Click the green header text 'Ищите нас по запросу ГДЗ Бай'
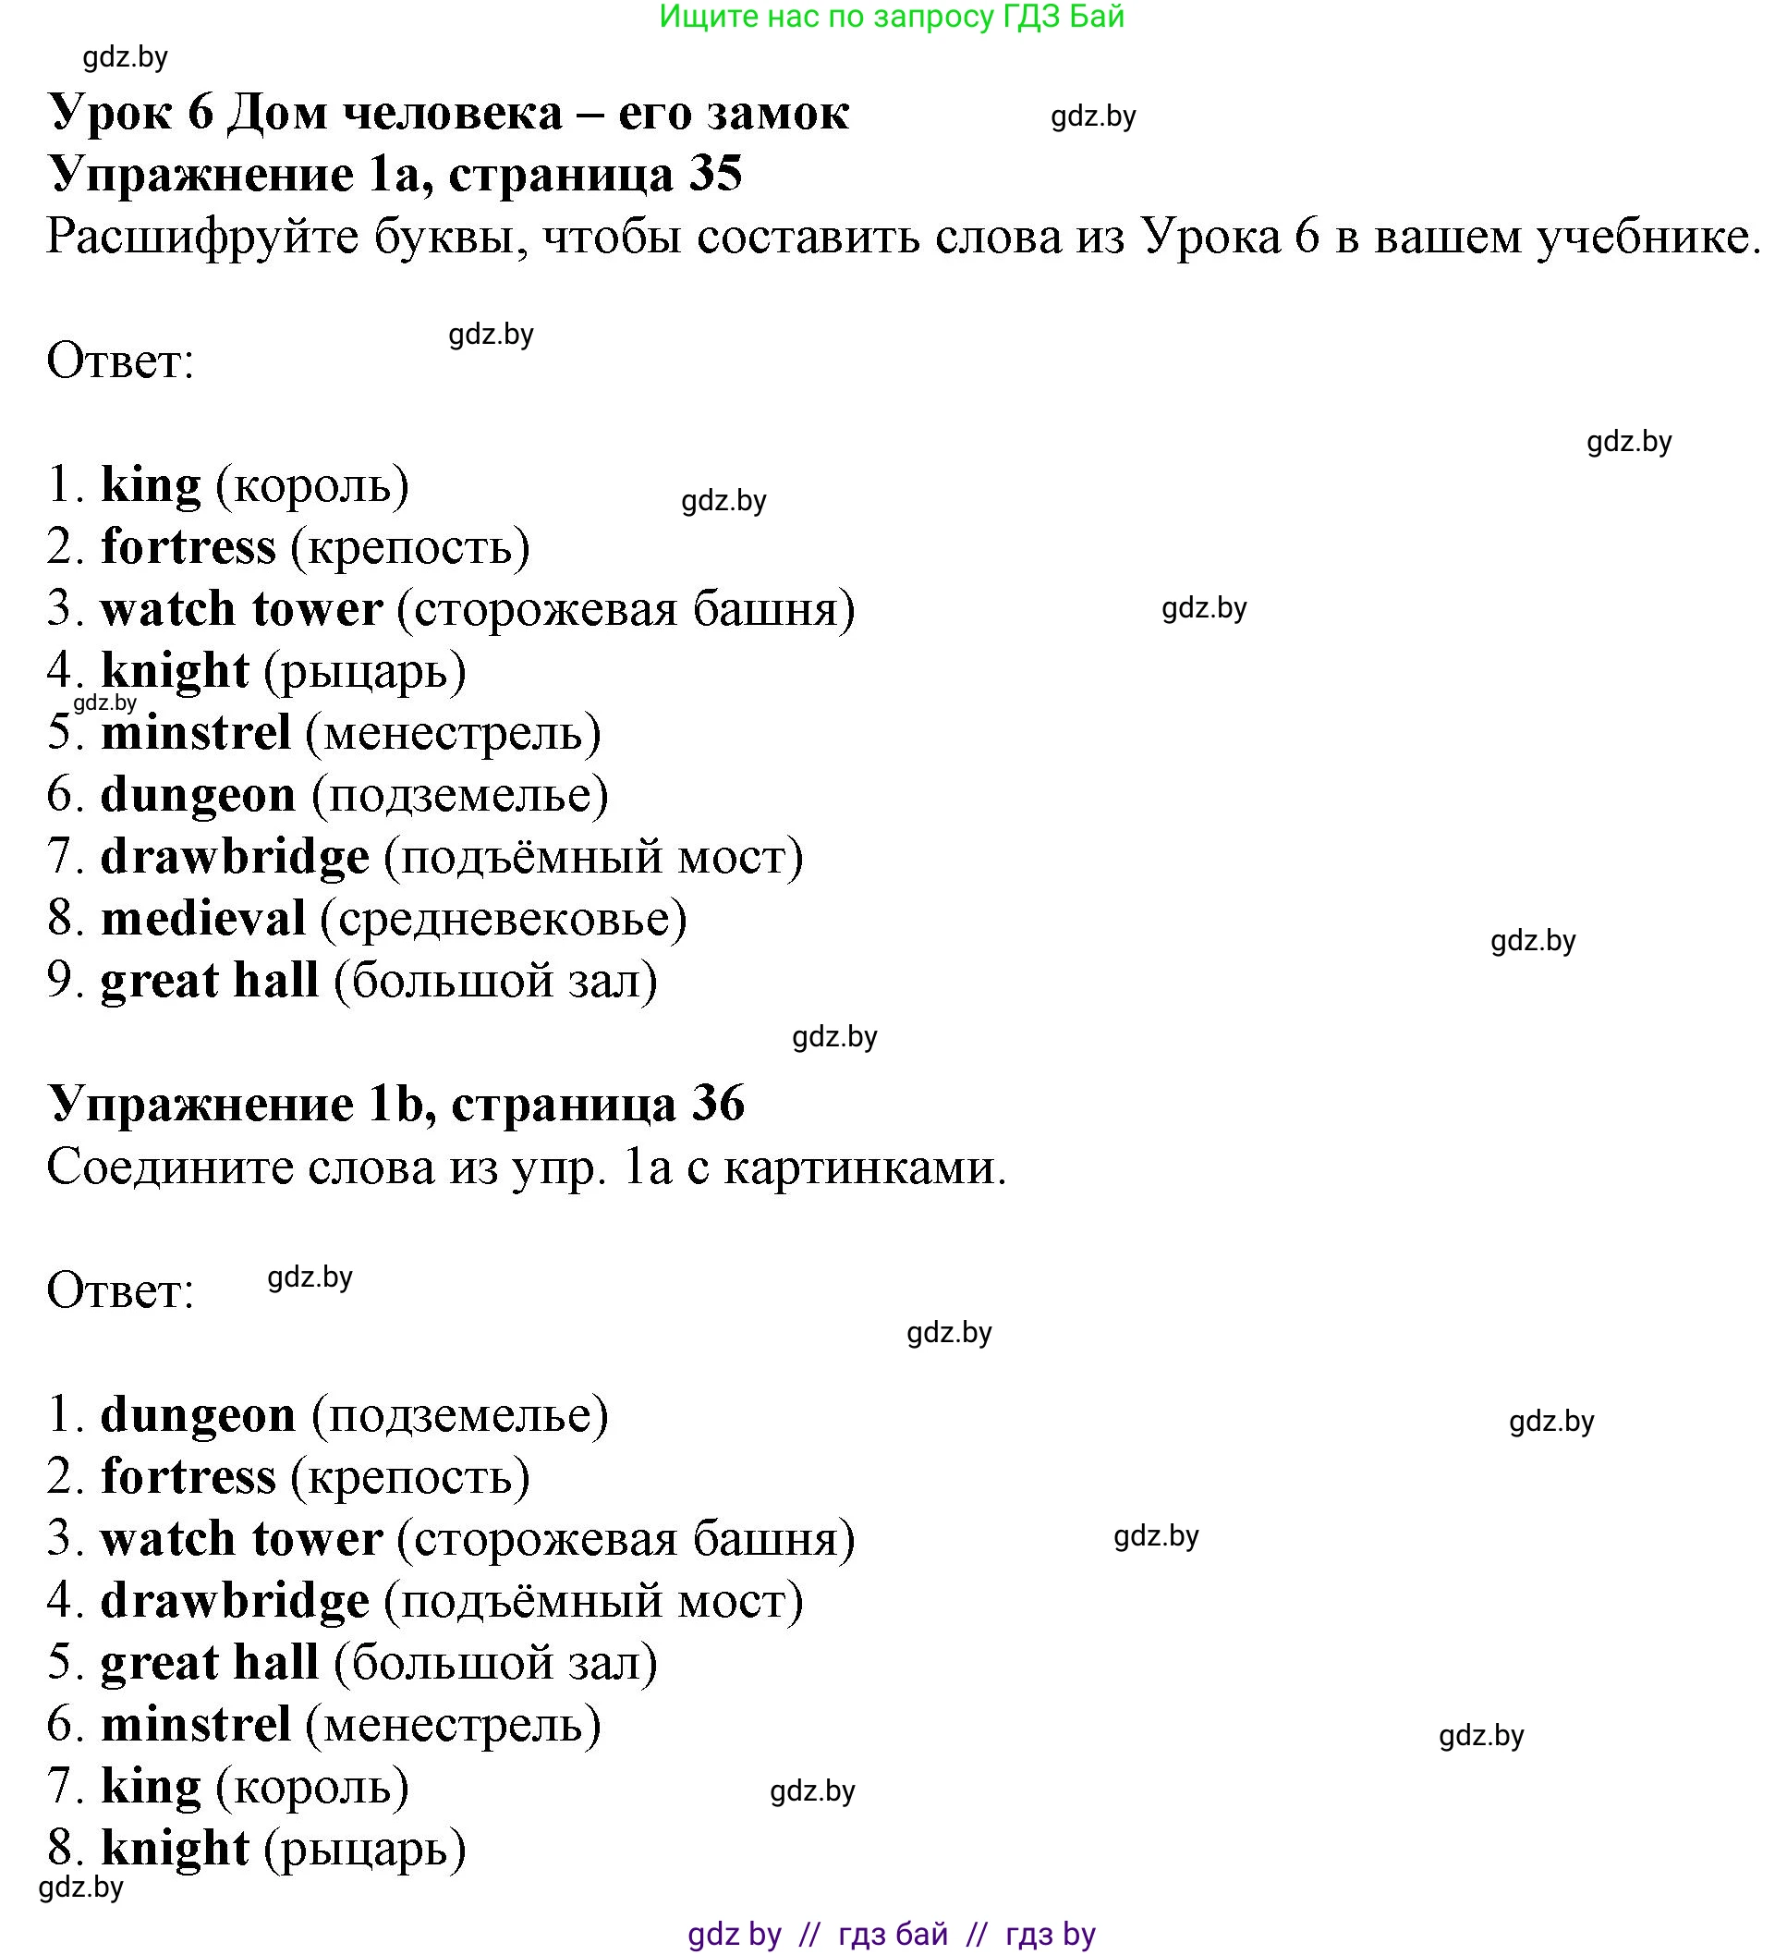[891, 17]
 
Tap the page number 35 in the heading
[715, 175]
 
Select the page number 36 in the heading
[718, 1104]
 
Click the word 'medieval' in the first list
[202, 919]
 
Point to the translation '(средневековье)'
[504, 919]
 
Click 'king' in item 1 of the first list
[151, 485]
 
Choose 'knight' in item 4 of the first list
[175, 671]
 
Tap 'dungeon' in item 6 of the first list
[198, 795]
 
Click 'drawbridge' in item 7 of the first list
[235, 857]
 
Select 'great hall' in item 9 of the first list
[210, 981]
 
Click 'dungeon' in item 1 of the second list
[198, 1415]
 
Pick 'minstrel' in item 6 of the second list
[196, 1724]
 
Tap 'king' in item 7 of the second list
[151, 1786]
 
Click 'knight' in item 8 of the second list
[175, 1849]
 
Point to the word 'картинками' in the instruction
[865, 1167]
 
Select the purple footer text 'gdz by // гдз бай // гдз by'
[891, 1934]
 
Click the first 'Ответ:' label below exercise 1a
[120, 361]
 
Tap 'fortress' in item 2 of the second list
[188, 1477]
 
